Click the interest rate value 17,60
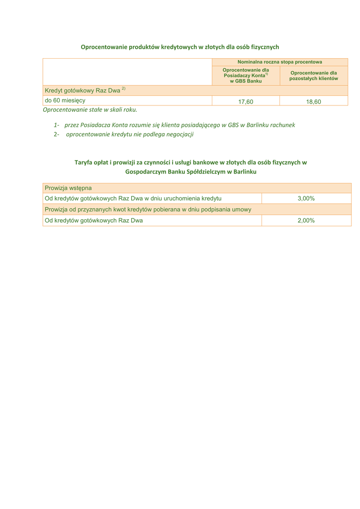246,101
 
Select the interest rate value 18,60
313,101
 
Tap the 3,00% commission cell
306,198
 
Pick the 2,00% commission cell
306,220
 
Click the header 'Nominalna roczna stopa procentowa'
279,62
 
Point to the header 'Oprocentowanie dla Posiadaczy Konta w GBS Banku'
246,76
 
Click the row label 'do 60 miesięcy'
65,100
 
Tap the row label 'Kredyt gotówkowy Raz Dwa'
83,90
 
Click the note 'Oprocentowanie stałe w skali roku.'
90,109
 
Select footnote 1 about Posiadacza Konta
174,125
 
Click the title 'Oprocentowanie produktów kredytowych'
180,47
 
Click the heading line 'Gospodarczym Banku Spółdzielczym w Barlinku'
190,171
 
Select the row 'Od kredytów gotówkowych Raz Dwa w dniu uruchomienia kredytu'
133,198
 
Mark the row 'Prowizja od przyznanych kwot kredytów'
148,209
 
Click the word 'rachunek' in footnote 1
282,125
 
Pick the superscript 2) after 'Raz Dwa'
123,88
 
